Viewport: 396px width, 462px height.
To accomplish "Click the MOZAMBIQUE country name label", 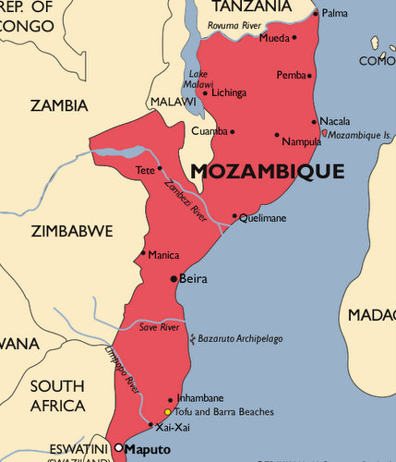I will pos(267,171).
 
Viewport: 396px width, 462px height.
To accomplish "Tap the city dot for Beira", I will pos(174,278).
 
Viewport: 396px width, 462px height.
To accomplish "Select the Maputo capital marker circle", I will pos(118,448).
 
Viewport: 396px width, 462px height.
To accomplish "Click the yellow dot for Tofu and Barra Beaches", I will pos(167,411).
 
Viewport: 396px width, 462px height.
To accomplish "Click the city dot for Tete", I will pos(159,168).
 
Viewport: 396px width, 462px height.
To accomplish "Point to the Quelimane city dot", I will pos(234,216).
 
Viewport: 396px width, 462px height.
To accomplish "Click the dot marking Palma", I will pos(316,14).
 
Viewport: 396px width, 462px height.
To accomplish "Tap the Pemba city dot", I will pos(309,76).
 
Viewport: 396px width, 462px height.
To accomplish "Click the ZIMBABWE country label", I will pos(71,230).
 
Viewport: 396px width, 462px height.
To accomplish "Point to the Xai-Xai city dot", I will pos(151,425).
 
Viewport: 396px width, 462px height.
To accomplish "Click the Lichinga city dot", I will pos(205,92).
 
